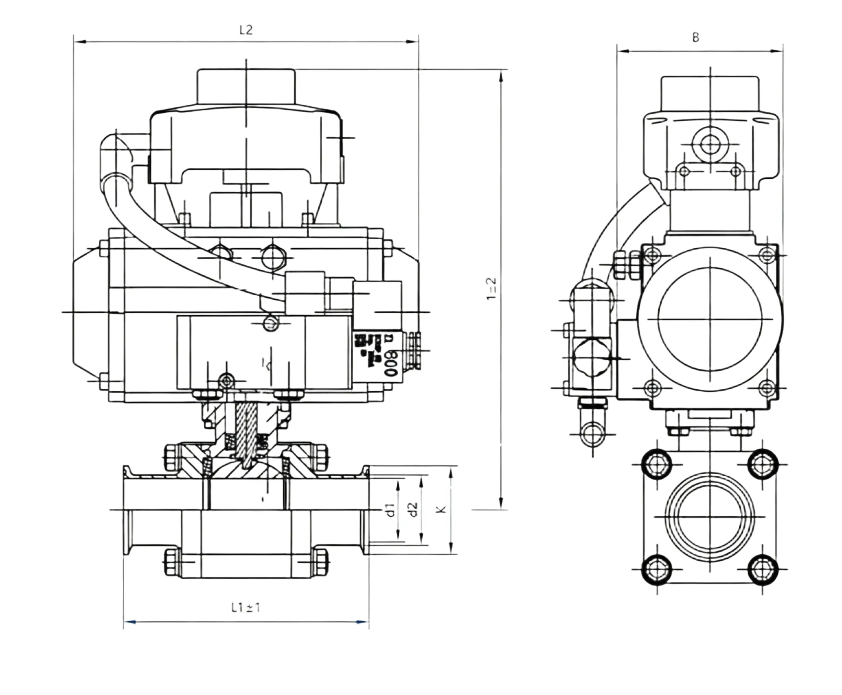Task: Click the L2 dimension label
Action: click(x=246, y=30)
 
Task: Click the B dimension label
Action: click(x=695, y=37)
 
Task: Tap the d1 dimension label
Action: click(x=391, y=509)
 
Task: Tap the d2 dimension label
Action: click(x=413, y=509)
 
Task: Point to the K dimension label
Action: click(x=441, y=509)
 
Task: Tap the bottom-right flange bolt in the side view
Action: click(x=762, y=569)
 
